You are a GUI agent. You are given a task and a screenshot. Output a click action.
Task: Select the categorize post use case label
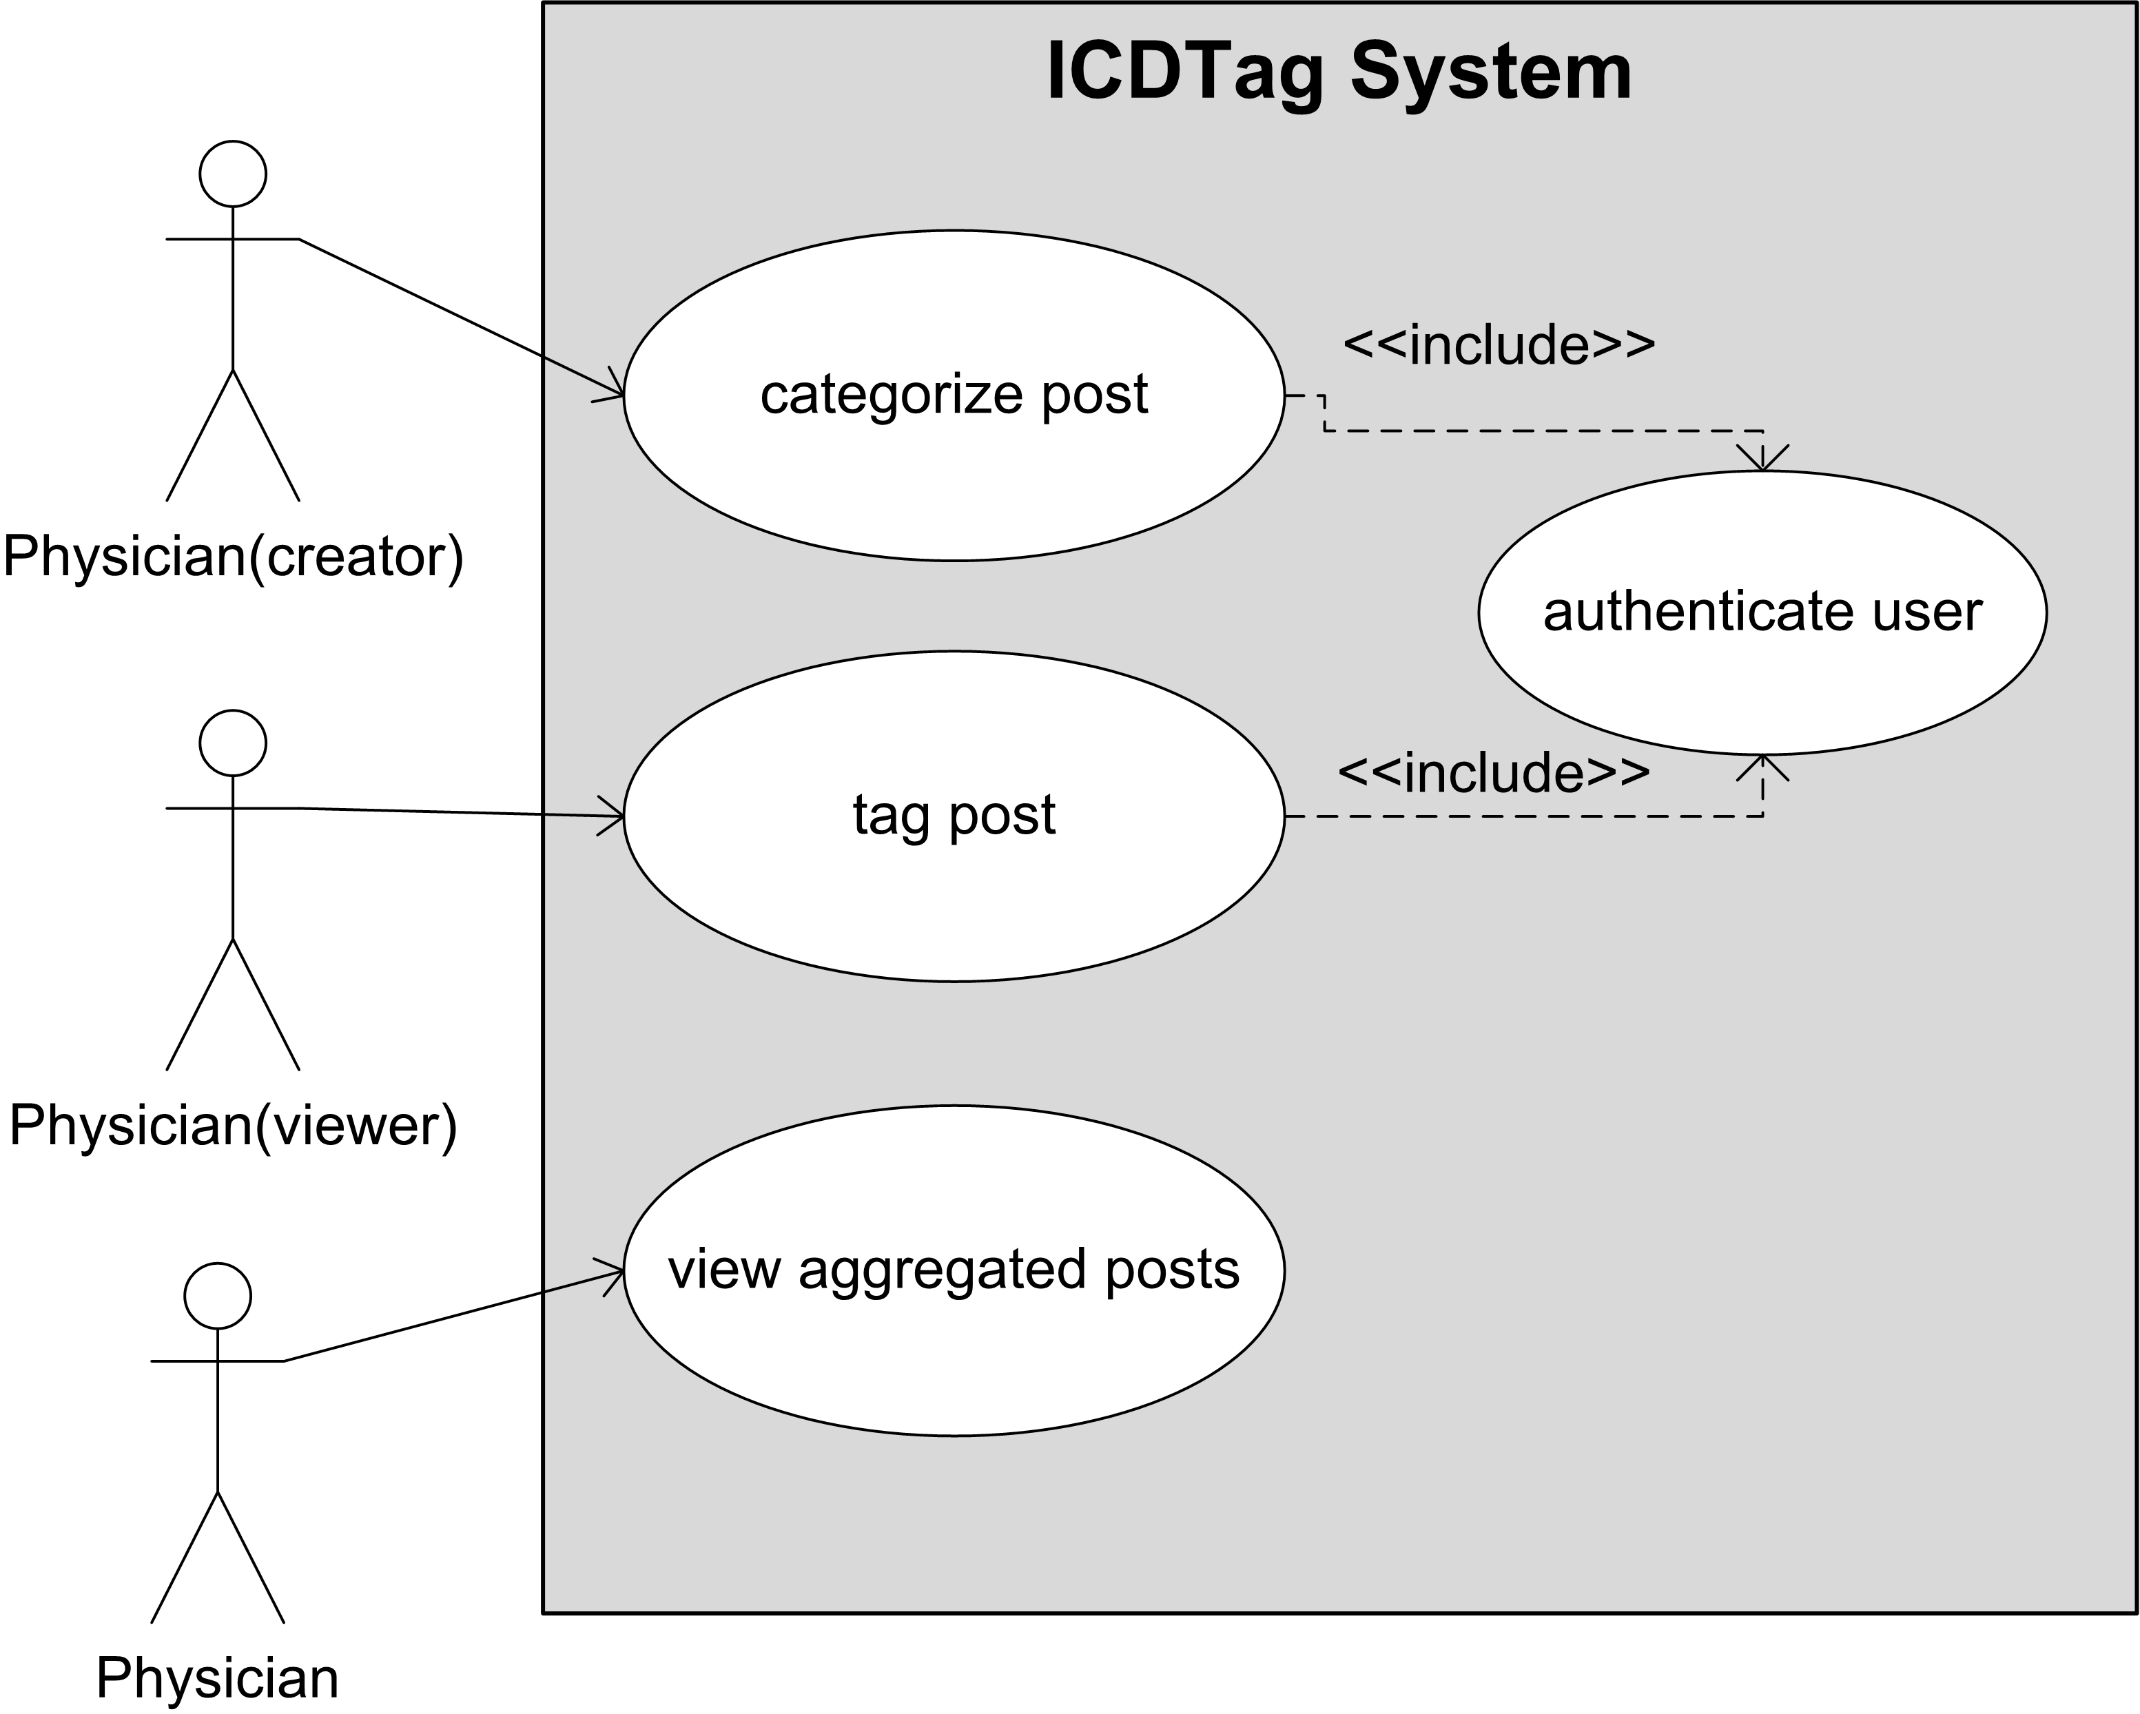point(953,395)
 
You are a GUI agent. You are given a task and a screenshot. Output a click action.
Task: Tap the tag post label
point(953,815)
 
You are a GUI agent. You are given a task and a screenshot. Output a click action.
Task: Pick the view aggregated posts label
point(953,1270)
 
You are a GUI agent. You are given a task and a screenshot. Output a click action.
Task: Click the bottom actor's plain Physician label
point(217,1678)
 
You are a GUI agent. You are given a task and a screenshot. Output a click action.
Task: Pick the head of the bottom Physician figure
point(217,1296)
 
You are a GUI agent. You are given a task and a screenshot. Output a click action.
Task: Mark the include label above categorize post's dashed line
point(1499,345)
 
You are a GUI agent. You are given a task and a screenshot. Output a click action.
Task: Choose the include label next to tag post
point(1494,773)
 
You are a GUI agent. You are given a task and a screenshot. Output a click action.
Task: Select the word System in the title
point(1491,72)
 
